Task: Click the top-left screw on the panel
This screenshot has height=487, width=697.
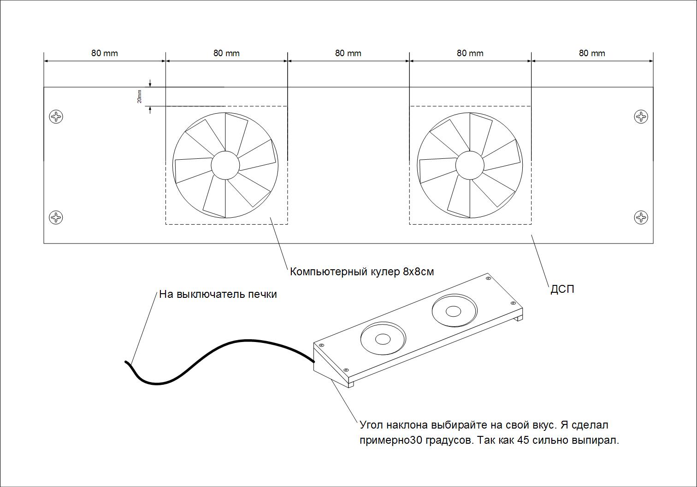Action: point(56,116)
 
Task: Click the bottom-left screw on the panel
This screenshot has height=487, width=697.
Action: point(56,217)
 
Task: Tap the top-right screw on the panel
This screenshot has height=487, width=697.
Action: point(641,116)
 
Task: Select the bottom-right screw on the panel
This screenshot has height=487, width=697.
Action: point(641,217)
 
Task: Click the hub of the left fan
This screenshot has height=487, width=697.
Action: point(225,165)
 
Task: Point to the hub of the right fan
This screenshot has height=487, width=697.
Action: point(470,165)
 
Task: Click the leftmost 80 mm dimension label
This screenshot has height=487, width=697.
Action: point(104,53)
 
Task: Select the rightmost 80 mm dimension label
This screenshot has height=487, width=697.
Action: point(592,53)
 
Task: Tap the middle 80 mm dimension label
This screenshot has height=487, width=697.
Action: point(348,53)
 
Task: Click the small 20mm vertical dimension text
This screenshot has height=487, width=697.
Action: point(140,96)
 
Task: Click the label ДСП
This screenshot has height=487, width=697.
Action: point(562,290)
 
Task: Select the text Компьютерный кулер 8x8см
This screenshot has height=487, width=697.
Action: point(362,272)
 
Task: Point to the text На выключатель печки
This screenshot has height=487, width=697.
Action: point(218,294)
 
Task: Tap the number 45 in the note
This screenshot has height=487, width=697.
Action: point(523,440)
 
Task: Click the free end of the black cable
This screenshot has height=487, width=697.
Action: point(126,362)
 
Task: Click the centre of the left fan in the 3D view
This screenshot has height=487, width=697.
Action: point(383,340)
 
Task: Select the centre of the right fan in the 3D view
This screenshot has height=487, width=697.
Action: point(453,312)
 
